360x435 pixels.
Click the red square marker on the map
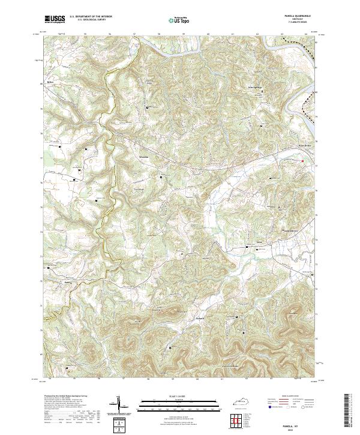coord(302,160)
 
